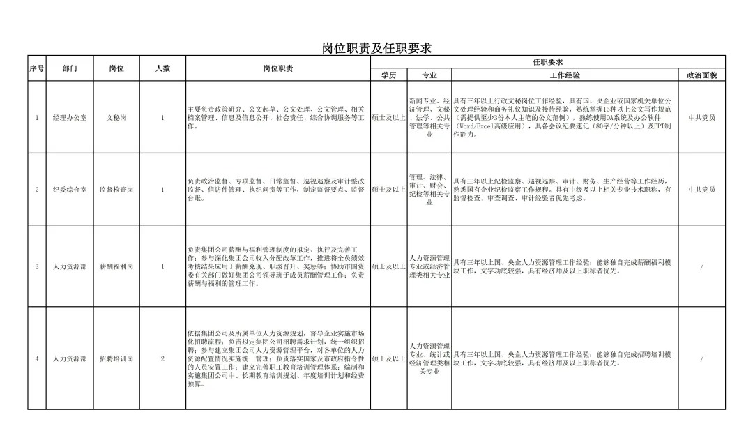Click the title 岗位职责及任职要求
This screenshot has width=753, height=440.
376,47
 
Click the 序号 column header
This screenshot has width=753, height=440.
37,68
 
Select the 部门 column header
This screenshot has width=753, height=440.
70,68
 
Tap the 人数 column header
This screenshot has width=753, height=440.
162,68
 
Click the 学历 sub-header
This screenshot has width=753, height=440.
388,75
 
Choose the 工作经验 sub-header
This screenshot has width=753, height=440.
565,75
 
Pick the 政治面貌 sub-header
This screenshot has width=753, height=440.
701,75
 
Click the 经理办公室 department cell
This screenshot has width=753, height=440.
70,118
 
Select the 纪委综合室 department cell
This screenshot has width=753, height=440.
70,190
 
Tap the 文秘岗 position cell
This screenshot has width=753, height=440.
116,118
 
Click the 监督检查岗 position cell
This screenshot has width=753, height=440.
116,190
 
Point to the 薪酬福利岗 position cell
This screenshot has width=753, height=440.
116,266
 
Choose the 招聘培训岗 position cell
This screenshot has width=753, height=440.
116,358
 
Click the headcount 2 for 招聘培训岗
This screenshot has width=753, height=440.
162,358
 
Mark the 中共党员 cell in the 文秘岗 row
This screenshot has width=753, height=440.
701,118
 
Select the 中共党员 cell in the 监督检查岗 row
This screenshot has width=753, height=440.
701,190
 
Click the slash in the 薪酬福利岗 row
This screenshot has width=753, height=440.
701,266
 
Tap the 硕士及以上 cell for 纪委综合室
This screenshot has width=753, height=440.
388,190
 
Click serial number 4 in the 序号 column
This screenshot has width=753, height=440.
37,358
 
